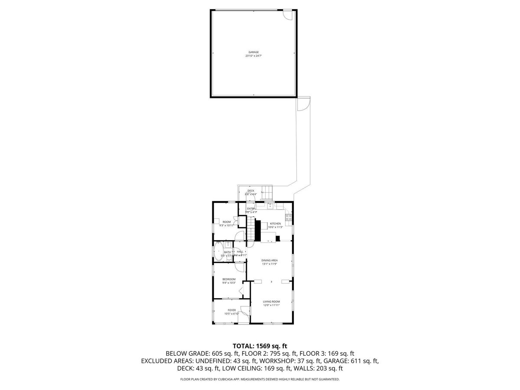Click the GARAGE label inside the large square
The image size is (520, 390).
coord(253,52)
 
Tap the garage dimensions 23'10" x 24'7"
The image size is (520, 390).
coord(253,56)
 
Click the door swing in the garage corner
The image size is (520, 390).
coord(287,14)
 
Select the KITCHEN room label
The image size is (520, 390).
coord(275,224)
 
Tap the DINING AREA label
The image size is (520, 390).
coord(269,260)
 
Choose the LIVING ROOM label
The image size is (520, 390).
coord(271,302)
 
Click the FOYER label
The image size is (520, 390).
coord(232,310)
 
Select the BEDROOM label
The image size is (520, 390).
coord(229,279)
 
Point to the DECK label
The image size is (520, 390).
coord(251,191)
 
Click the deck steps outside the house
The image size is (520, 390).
coord(268,192)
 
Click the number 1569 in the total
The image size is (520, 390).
coord(265,346)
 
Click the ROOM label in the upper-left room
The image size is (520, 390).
coord(227,222)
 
